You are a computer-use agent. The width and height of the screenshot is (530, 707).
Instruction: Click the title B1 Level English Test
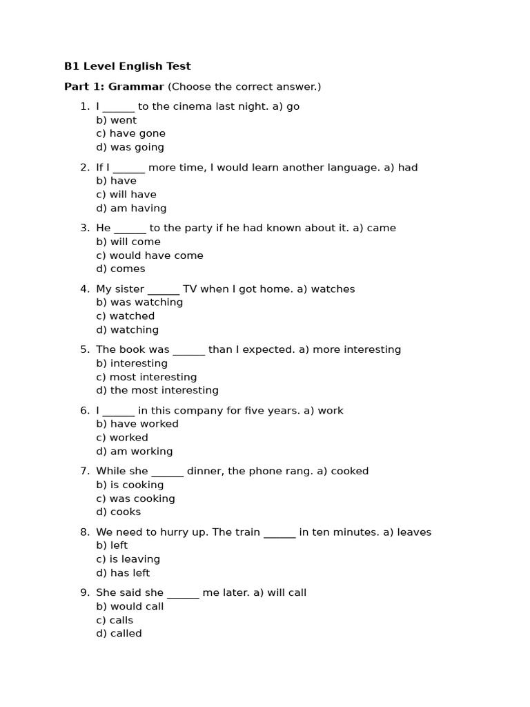click(127, 66)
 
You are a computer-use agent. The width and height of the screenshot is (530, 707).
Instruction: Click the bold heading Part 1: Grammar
click(114, 87)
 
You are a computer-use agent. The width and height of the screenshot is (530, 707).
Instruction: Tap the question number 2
click(85, 168)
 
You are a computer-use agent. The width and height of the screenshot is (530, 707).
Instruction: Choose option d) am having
click(131, 209)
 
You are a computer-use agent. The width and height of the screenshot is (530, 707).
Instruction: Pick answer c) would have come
click(150, 255)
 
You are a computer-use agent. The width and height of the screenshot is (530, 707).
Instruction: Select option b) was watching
click(139, 302)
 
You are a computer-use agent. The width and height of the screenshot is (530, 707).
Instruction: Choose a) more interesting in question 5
click(349, 350)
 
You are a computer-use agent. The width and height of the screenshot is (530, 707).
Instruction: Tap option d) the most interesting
click(157, 391)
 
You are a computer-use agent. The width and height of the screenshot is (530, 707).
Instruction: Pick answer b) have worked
click(137, 424)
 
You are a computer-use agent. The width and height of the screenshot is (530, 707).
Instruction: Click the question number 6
click(85, 411)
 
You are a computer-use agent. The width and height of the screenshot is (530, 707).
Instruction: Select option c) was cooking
click(135, 498)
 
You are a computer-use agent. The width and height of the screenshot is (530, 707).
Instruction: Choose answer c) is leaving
click(128, 559)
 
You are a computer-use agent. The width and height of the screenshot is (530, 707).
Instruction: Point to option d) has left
click(123, 573)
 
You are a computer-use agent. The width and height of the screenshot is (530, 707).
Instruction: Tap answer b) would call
click(130, 606)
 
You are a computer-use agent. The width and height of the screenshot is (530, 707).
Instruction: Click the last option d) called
click(119, 634)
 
